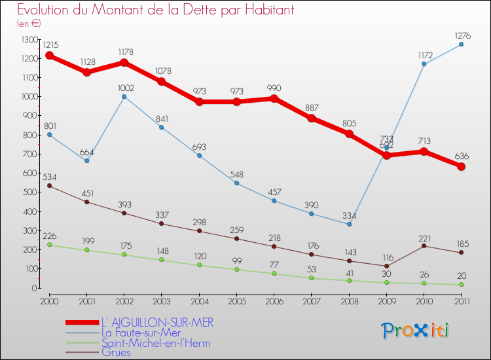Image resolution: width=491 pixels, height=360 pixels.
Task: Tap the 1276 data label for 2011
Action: click(461, 35)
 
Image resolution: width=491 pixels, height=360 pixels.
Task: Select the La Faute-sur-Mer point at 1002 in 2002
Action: click(124, 97)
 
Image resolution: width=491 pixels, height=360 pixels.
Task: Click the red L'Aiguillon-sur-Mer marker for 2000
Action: click(49, 56)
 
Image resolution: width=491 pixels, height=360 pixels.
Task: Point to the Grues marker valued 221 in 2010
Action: click(424, 245)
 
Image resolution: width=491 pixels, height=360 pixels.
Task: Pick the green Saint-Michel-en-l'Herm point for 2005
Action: click(236, 269)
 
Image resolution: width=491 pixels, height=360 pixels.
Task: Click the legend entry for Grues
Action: click(116, 352)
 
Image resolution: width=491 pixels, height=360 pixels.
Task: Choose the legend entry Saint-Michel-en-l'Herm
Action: click(156, 342)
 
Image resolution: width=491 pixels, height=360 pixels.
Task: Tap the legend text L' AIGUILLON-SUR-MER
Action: click(157, 323)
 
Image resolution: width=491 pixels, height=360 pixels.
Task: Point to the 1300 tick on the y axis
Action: click(30, 40)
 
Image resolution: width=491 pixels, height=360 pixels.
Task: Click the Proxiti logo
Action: click(416, 331)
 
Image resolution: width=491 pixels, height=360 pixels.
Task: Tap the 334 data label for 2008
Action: click(349, 216)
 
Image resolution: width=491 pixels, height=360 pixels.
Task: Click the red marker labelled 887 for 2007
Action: click(312, 118)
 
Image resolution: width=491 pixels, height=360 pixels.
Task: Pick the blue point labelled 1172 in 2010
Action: click(424, 64)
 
